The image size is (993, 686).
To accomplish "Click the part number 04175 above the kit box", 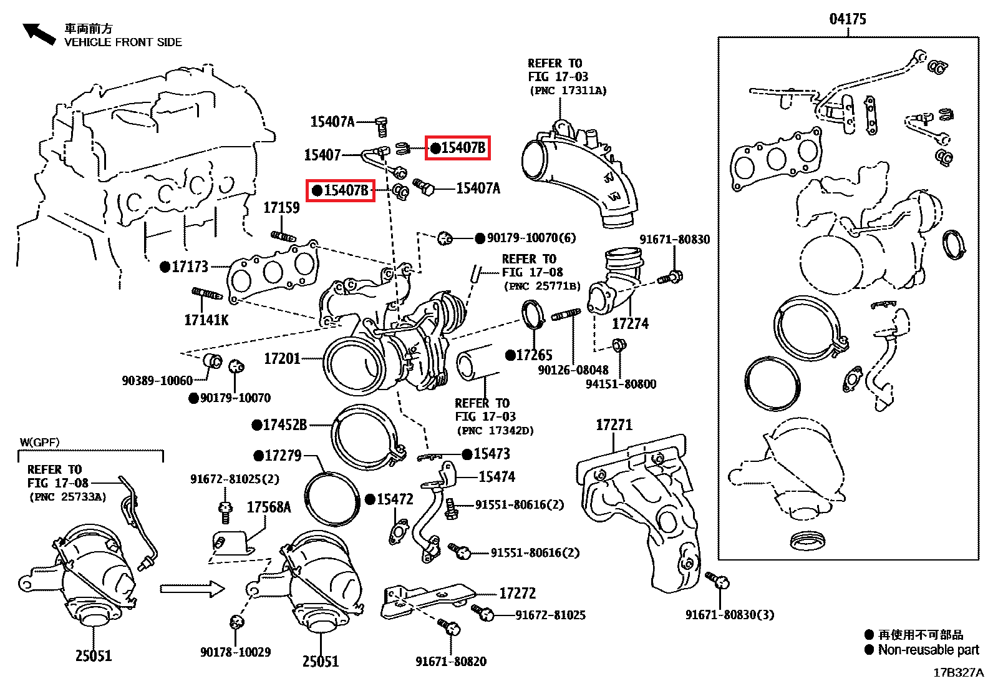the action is coord(847,19).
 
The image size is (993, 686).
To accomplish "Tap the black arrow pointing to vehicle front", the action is coord(39,34).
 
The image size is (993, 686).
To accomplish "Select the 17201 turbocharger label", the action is coord(283,358).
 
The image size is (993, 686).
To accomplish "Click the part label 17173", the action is coord(190,267).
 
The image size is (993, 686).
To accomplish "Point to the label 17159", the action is coord(281,208).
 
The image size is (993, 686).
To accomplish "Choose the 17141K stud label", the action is coord(206,320).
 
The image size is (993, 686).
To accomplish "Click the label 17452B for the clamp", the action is coord(285,425).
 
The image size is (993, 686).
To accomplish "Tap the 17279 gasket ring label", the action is coord(283,456).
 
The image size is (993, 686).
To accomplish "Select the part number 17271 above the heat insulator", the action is coord(614,425).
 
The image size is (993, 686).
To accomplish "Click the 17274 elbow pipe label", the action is coord(630,324).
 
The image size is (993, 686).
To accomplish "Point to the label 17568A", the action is coord(269,507).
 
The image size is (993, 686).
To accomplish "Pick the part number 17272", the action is coord(517,593).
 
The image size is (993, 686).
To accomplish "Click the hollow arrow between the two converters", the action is coord(192,589).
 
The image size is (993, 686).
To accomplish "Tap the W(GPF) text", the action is coord(39,443).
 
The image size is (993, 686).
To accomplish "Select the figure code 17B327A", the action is coord(959,673).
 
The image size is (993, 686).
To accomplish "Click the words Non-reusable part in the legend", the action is coord(928,650).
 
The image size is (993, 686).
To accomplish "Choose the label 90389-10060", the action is coord(157,381).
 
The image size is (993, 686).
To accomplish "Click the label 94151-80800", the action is coord(621,385).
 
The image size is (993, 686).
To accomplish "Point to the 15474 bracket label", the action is coord(496,477).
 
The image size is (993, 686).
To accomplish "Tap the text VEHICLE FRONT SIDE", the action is coord(123,42).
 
